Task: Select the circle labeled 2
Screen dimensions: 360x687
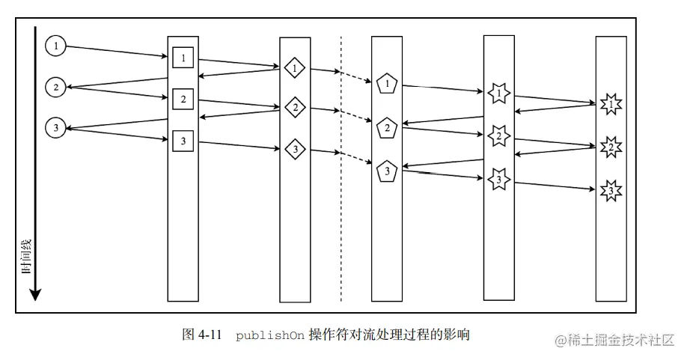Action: (55, 88)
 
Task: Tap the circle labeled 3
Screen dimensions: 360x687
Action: (55, 128)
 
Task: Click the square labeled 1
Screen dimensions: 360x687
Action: (183, 57)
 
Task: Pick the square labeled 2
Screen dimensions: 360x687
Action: (183, 98)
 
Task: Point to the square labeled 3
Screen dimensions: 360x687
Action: (183, 139)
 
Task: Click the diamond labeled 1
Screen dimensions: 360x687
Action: (295, 68)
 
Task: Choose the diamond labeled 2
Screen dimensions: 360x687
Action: (295, 109)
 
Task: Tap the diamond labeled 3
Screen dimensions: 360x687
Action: (295, 150)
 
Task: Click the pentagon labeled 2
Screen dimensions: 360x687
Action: (387, 128)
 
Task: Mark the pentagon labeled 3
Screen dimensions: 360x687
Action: (387, 171)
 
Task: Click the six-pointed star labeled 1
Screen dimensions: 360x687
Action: (498, 94)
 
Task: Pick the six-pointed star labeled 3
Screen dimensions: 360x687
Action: (498, 180)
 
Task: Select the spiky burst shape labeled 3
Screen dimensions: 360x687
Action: (611, 192)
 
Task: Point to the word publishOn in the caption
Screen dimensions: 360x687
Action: (269, 335)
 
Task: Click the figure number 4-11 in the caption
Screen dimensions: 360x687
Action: (211, 335)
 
